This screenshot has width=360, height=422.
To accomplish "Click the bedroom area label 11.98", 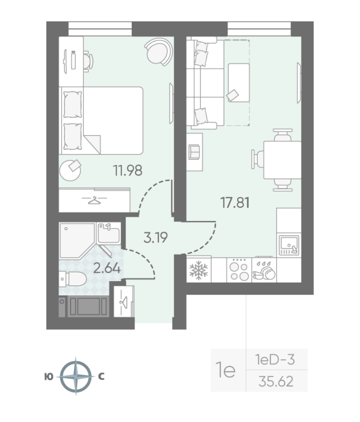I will coord(129,170).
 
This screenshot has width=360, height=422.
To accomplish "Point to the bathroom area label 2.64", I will coord(107,267).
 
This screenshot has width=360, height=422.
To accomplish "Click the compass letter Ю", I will coord(48,377).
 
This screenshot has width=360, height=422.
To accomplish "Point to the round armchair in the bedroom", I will coord(158,51).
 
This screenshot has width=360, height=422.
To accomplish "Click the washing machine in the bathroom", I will coord(87,306).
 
